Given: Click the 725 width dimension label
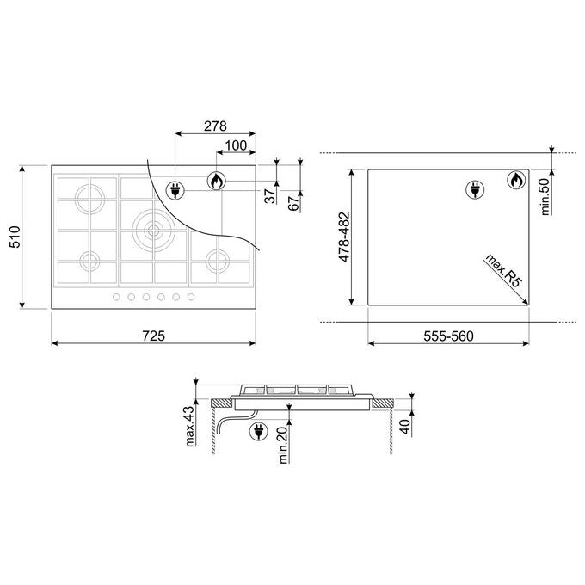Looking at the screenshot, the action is [x=153, y=336].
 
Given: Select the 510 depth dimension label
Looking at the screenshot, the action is [x=15, y=237].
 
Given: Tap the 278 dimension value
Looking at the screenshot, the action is [x=215, y=126].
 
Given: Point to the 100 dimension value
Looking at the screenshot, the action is [x=237, y=145].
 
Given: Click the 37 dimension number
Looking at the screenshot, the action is [x=270, y=196].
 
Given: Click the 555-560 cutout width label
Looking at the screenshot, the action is [x=448, y=336].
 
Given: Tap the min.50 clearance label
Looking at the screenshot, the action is [x=545, y=197].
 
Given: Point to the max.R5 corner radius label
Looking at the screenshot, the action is [x=502, y=270].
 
